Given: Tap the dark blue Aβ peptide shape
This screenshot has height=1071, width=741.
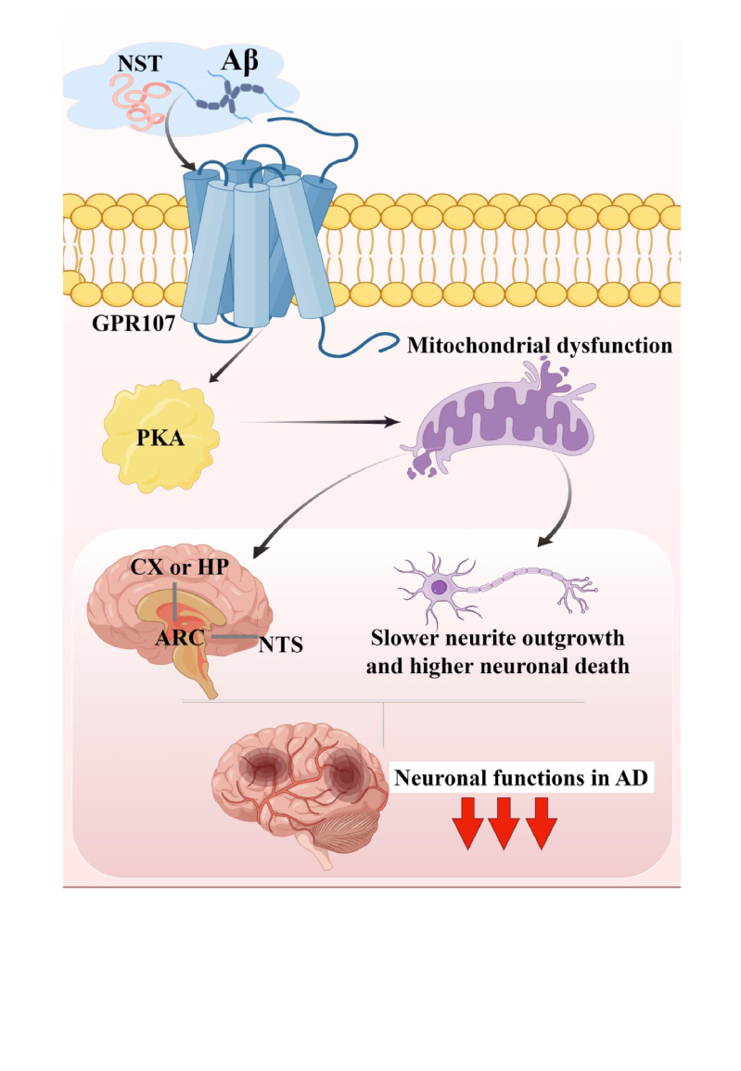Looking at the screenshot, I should [236, 93].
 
